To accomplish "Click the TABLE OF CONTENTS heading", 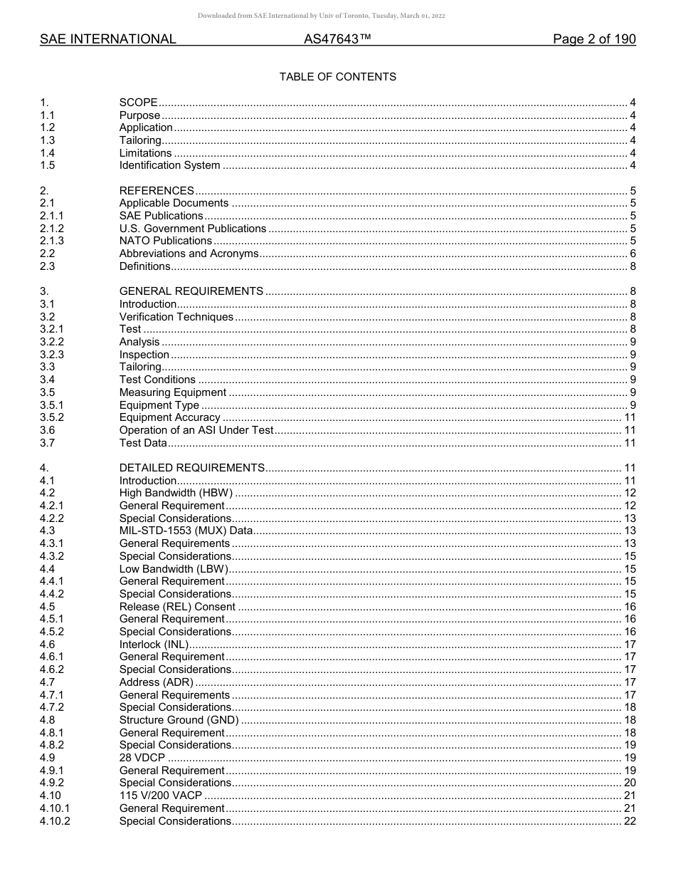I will (337, 77).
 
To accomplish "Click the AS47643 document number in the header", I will (337, 40).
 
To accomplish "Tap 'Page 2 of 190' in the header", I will (594, 40).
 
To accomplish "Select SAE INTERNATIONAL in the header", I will (107, 40).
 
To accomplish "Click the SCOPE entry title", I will (138, 103).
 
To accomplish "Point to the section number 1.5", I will (47, 165).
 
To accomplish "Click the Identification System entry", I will (169, 165).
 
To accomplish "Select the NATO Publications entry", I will (165, 241).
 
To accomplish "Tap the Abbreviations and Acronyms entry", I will (189, 254).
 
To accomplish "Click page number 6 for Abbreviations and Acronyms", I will (633, 254).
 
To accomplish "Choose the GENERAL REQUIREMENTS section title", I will (191, 291).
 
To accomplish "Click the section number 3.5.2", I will (51, 417).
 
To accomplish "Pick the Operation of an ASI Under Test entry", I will (196, 430).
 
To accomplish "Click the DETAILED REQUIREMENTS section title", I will (191, 468).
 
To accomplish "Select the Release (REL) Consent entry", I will (177, 607).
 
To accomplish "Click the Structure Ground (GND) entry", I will (179, 720).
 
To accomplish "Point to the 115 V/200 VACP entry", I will (160, 796).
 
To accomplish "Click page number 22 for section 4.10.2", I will (629, 821).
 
